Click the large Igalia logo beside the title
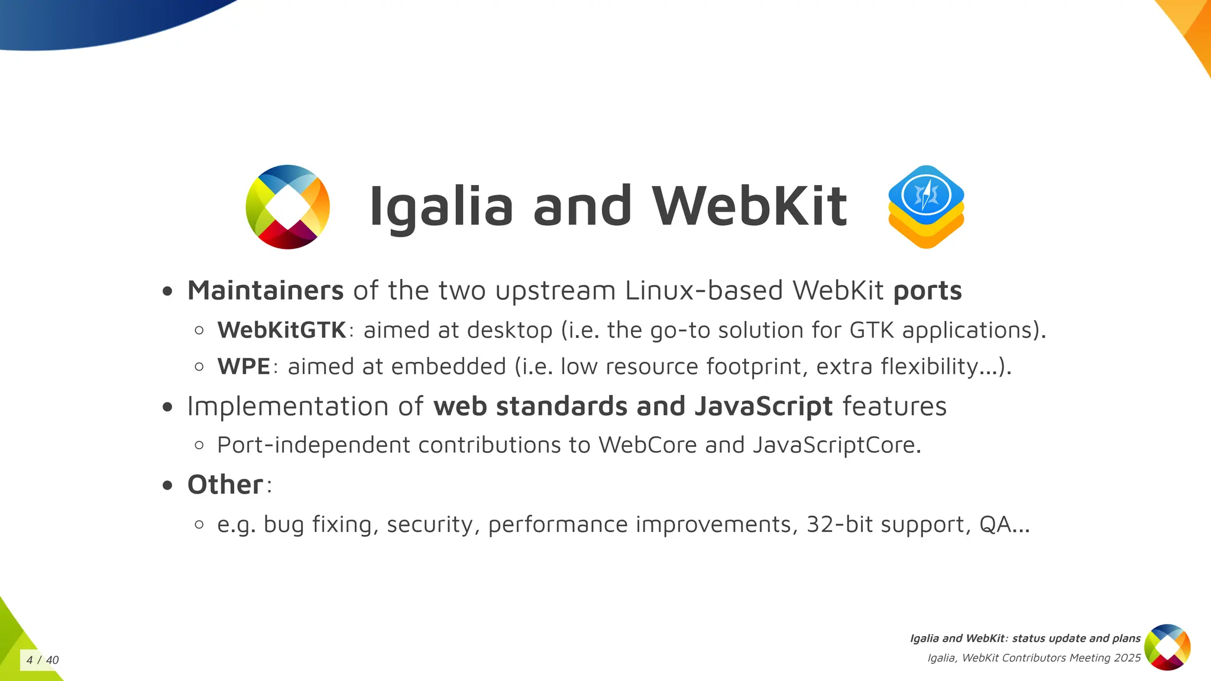[x=288, y=207]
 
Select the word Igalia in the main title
[x=441, y=207]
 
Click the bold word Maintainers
[x=265, y=290]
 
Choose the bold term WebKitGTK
[x=281, y=330]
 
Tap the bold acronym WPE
[x=244, y=367]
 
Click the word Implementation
[x=287, y=407]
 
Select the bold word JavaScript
[x=763, y=407]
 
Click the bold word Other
[x=225, y=485]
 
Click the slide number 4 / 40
[x=43, y=660]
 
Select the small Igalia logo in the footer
[x=1167, y=647]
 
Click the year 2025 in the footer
[x=1127, y=658]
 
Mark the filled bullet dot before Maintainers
[x=168, y=291]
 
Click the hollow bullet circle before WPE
[x=199, y=367]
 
